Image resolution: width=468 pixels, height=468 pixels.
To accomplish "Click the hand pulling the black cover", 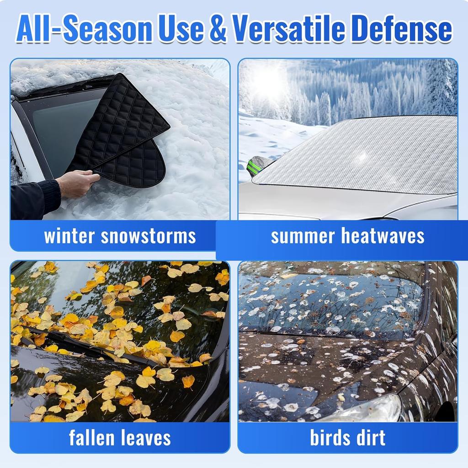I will click(x=78, y=183).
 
